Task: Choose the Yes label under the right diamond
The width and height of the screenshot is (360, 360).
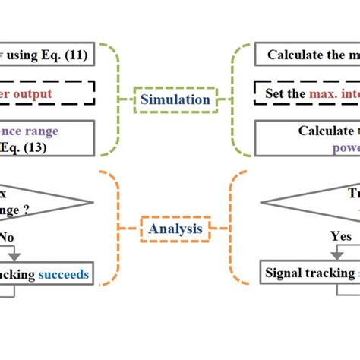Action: pos(341,236)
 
